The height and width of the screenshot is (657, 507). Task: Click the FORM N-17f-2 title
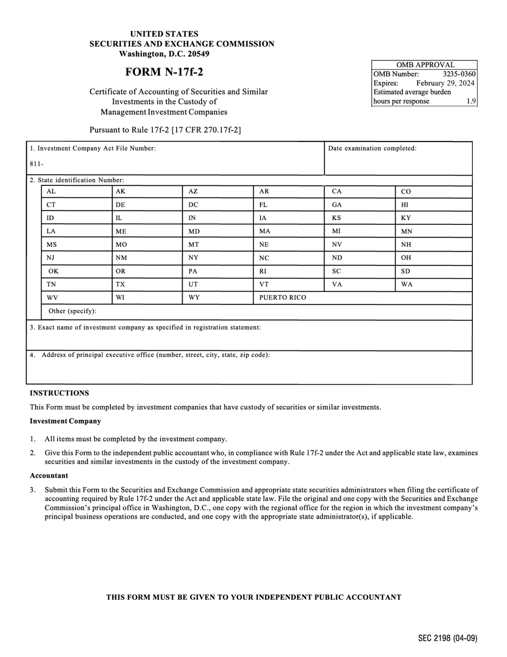click(x=164, y=72)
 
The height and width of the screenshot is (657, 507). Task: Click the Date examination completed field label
click(x=372, y=148)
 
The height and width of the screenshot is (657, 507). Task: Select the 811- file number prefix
click(x=36, y=164)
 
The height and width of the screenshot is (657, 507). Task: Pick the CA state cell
click(x=337, y=191)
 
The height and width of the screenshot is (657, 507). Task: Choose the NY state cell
click(x=194, y=257)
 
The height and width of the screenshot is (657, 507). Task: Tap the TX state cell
click(x=121, y=284)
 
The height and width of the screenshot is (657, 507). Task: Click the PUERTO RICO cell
click(x=282, y=298)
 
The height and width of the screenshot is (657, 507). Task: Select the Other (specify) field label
click(x=73, y=311)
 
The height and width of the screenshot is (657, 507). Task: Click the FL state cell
click(x=263, y=205)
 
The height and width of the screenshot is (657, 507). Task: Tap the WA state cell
click(x=407, y=284)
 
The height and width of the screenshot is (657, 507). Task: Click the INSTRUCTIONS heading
click(x=59, y=393)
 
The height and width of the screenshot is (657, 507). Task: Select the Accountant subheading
click(x=49, y=475)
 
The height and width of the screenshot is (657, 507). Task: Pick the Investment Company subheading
click(x=65, y=421)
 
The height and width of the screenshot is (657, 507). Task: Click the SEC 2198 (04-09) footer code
click(x=447, y=638)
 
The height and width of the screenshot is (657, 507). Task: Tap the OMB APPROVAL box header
click(x=424, y=65)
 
